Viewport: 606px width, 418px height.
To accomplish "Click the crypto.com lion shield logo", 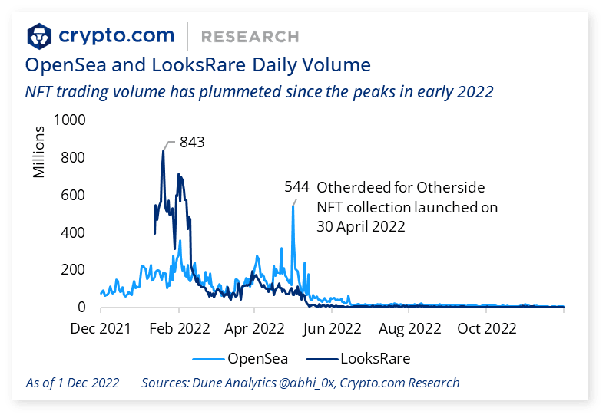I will (40, 36).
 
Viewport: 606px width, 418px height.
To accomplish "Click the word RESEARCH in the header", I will (249, 36).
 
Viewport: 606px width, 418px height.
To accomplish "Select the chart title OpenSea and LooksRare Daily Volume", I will (198, 64).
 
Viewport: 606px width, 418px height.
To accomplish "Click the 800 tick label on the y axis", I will (75, 158).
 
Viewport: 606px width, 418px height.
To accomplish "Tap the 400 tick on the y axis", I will (75, 232).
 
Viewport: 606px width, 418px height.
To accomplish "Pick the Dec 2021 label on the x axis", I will (100, 329).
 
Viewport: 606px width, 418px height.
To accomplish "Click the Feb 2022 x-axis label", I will (178, 329).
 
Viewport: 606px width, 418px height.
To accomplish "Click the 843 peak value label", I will (192, 142).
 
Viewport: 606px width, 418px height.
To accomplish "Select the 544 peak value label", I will (296, 187).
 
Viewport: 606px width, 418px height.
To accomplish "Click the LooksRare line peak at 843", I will (163, 151).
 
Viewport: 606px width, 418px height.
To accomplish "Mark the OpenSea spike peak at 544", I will (293, 206).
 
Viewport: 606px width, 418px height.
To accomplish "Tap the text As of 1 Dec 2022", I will (72, 383).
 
